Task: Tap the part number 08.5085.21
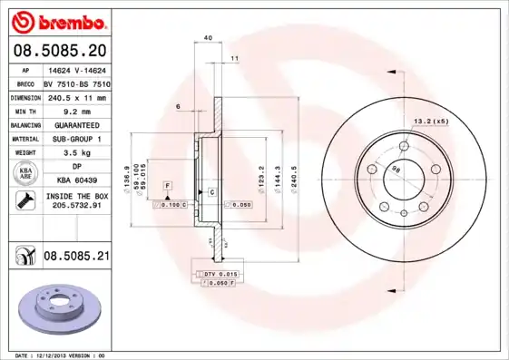[75, 258]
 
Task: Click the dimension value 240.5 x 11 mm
[75, 97]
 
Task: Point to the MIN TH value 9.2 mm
[75, 111]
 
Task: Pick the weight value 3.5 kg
[75, 153]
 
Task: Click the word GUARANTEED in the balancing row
[75, 125]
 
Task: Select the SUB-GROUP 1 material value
[75, 139]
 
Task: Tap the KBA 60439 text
[75, 181]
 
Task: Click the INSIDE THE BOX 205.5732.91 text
[76, 201]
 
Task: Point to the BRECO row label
[26, 83]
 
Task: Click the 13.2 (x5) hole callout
[432, 122]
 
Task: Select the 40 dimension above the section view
[208, 38]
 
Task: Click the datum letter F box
[167, 185]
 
